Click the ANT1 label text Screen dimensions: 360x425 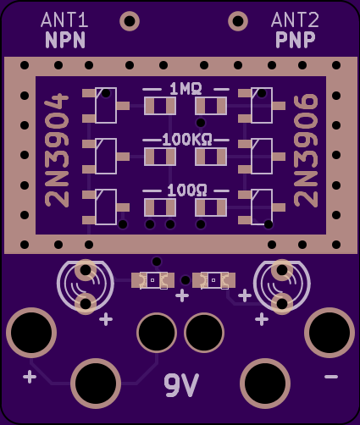pyautogui.click(x=64, y=19)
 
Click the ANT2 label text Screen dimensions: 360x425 pyautogui.click(x=295, y=19)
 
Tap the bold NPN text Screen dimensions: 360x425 pyautogui.click(x=65, y=40)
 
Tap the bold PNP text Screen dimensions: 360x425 pyautogui.click(x=296, y=40)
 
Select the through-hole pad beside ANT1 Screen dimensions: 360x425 pyautogui.click(x=130, y=21)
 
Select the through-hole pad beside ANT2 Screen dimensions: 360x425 pyautogui.click(x=238, y=21)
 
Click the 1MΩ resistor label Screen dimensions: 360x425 pyautogui.click(x=186, y=89)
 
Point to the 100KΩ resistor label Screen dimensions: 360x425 pyautogui.click(x=187, y=140)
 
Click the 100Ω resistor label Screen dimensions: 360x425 pyautogui.click(x=187, y=190)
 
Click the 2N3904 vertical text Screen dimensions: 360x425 pyautogui.click(x=57, y=151)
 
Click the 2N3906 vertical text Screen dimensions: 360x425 pyautogui.click(x=306, y=151)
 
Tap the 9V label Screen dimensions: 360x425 pyautogui.click(x=181, y=385)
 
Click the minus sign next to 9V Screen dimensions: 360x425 pyautogui.click(x=331, y=377)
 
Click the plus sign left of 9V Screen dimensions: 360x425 pyautogui.click(x=30, y=377)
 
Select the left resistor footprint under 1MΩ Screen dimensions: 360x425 pyautogui.click(x=160, y=106)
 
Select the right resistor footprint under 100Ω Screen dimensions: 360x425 pyautogui.click(x=211, y=207)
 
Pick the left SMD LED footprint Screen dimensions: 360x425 pyautogui.click(x=152, y=280)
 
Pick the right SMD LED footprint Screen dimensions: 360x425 pyautogui.click(x=213, y=280)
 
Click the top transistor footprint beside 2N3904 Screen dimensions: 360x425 pyautogui.click(x=106, y=106)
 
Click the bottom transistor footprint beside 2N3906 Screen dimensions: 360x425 pyautogui.click(x=262, y=207)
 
